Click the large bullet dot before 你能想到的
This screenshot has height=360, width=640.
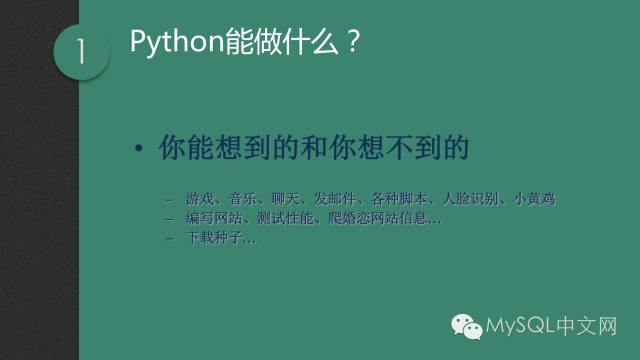click(140, 149)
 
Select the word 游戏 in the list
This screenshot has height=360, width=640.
click(198, 199)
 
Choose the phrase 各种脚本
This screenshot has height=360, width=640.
click(398, 199)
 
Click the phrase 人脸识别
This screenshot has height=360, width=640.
click(470, 199)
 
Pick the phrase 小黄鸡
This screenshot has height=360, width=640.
click(534, 199)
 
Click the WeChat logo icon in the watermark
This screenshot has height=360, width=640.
click(466, 325)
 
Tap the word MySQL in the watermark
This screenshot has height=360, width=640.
click(519, 326)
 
